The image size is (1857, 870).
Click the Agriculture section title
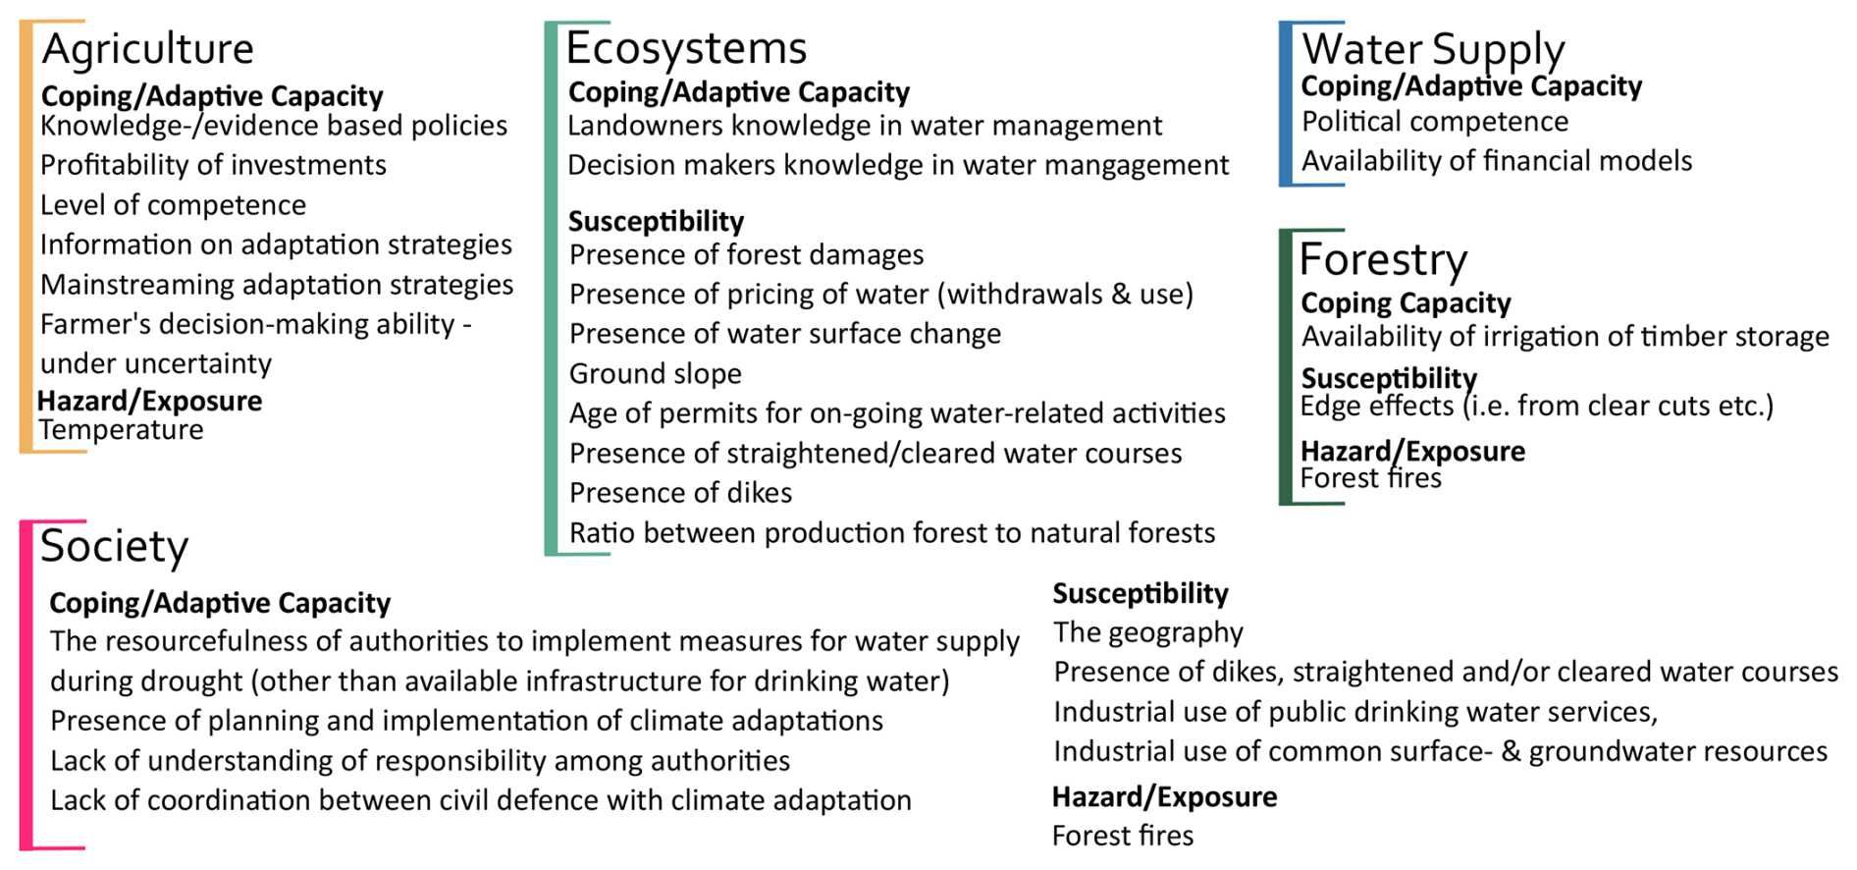tap(147, 49)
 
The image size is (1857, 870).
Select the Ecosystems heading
tap(686, 47)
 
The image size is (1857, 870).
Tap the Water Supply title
tap(1433, 49)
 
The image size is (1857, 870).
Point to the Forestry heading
tap(1383, 259)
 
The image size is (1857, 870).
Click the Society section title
tap(114, 546)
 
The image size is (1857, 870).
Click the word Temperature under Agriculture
tap(121, 430)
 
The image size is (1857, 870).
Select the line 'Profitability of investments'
tap(213, 165)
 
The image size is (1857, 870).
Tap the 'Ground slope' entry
tap(656, 374)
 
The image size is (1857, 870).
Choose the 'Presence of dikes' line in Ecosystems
tap(680, 493)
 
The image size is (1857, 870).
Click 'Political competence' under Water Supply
tap(1435, 122)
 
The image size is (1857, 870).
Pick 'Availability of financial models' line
tap(1497, 161)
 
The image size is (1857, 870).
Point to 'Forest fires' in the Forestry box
tap(1371, 478)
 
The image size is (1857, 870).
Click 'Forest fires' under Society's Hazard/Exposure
tap(1123, 836)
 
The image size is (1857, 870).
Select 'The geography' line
tap(1148, 632)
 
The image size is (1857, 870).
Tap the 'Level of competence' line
tap(173, 205)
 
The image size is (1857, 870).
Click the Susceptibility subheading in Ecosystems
tap(656, 221)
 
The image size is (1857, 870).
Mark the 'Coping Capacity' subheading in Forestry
tap(1406, 303)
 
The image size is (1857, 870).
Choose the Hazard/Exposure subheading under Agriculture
tap(149, 401)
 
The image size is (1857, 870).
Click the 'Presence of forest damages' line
tap(746, 255)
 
